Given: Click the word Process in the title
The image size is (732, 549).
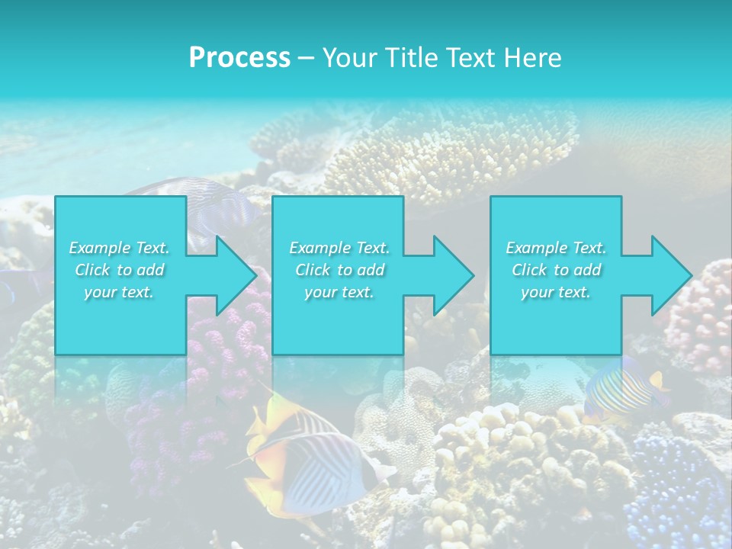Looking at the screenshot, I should [239, 58].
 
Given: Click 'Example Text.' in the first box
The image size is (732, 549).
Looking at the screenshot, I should [120, 248].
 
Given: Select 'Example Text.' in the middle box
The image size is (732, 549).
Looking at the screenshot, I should [339, 248].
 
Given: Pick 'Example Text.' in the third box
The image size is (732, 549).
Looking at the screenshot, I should [556, 248].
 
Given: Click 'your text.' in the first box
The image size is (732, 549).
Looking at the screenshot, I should [120, 292].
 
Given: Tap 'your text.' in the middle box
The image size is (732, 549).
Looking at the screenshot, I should [339, 292].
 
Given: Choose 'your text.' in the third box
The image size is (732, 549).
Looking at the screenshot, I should [556, 292].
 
